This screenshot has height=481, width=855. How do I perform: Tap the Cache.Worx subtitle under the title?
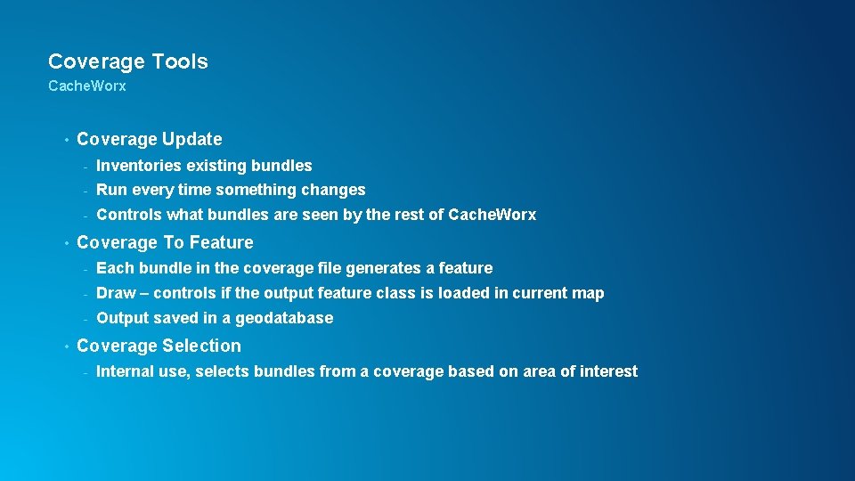pos(87,86)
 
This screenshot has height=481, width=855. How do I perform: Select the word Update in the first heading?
pos(193,139)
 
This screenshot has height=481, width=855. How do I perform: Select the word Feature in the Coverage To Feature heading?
pos(222,242)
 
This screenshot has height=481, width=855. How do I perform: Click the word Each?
pos(112,268)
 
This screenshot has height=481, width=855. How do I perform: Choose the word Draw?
pos(116,293)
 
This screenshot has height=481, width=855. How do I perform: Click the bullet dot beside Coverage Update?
pos(66,140)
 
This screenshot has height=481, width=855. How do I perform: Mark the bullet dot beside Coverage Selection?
pos(66,346)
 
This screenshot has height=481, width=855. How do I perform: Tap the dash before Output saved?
pos(85,319)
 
